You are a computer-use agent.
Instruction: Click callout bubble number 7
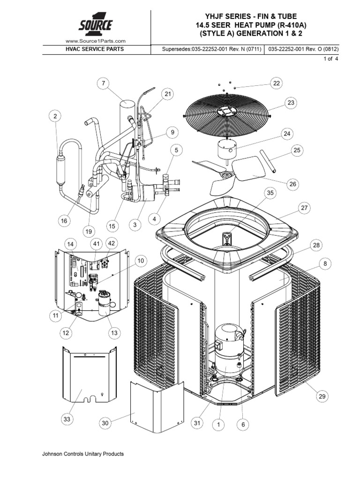click(104, 83)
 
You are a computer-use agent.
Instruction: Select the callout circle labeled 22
click(277, 83)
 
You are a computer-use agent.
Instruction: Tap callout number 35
click(270, 193)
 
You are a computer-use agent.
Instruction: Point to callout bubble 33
click(67, 419)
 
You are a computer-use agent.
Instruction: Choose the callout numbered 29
click(322, 397)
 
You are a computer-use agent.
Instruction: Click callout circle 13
click(114, 333)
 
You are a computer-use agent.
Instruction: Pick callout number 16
click(64, 221)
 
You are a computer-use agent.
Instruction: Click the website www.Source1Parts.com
click(96, 41)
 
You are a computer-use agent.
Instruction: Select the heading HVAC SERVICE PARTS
click(95, 49)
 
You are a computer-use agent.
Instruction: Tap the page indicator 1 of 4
click(331, 59)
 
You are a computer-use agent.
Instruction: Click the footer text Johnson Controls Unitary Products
click(83, 454)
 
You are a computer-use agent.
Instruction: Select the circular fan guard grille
click(227, 112)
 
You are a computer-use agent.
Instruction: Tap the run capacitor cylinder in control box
click(105, 303)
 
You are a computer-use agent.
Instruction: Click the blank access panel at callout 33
click(90, 375)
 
